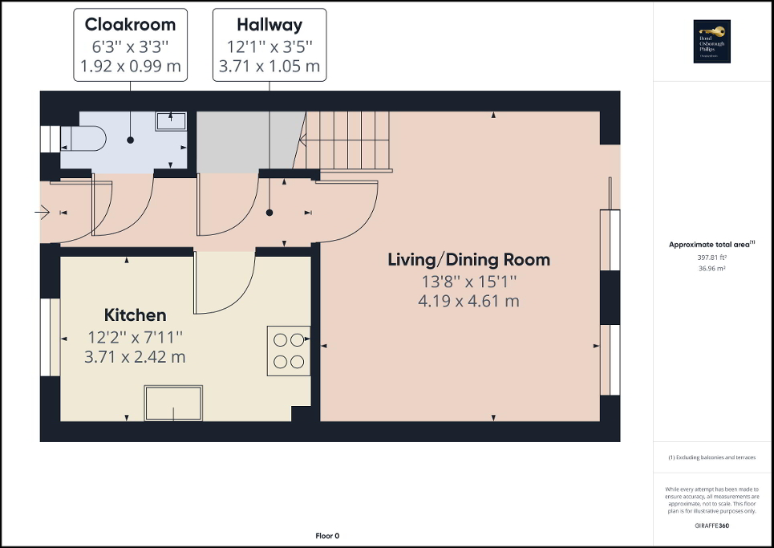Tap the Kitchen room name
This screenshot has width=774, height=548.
[x=135, y=315]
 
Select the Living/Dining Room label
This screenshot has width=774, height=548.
[x=468, y=260]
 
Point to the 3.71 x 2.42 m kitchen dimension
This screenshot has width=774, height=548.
[x=135, y=357]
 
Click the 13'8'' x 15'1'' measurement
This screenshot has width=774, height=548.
[x=468, y=282]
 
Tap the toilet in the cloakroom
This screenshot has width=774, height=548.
[x=83, y=138]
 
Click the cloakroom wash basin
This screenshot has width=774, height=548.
[x=171, y=121]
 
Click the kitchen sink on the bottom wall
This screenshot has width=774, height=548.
[x=174, y=403]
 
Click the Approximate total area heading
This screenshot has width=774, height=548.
[x=712, y=246]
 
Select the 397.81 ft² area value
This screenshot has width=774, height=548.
[x=712, y=258]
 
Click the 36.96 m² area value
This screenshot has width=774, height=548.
[x=712, y=269]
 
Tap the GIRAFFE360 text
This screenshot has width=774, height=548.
[x=712, y=525]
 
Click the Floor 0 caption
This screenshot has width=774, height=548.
[x=327, y=536]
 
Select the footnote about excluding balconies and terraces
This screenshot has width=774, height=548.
[x=712, y=457]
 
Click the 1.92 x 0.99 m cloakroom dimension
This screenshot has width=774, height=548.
[x=130, y=66]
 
